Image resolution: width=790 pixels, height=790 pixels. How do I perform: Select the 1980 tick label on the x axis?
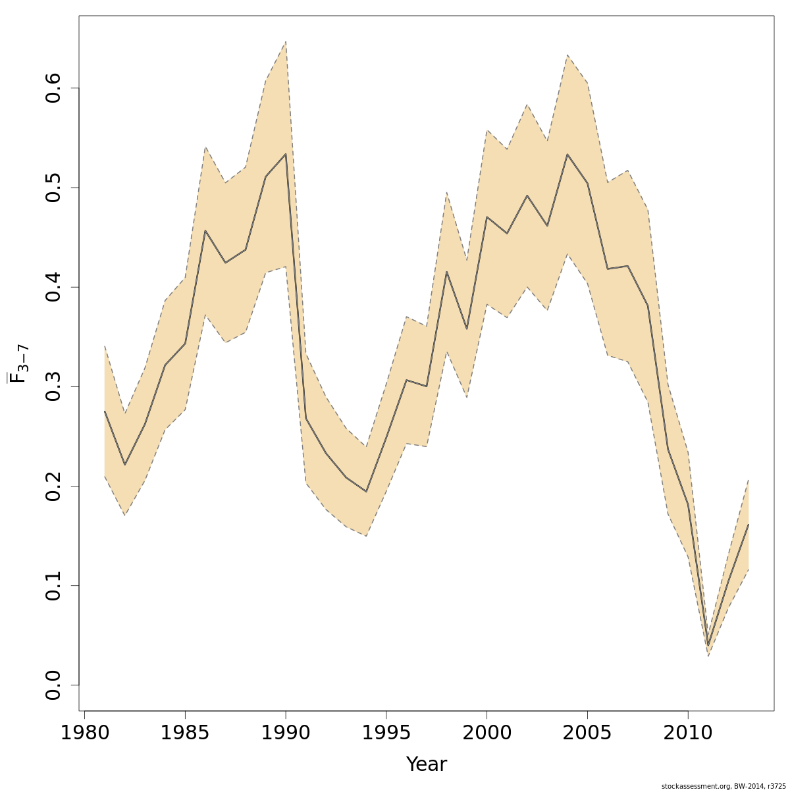[84, 733]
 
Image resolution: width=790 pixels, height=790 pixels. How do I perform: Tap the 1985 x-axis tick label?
[185, 733]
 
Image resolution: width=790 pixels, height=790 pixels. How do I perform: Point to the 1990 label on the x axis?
[286, 733]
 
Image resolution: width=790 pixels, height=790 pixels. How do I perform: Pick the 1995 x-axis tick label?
[386, 733]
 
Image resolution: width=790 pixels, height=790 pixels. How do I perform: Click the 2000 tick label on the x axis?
[487, 733]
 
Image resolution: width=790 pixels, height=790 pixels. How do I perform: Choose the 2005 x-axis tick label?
[587, 733]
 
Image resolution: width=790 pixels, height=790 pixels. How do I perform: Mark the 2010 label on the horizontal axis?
[688, 733]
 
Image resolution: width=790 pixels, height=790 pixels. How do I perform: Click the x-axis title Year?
[426, 764]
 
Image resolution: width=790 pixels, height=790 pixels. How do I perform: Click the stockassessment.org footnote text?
[723, 785]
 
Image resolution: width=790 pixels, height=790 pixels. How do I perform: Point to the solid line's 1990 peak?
[286, 154]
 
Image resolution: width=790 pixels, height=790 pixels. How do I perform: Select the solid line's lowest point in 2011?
[708, 646]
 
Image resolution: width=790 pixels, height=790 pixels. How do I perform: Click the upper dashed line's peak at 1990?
[286, 41]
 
